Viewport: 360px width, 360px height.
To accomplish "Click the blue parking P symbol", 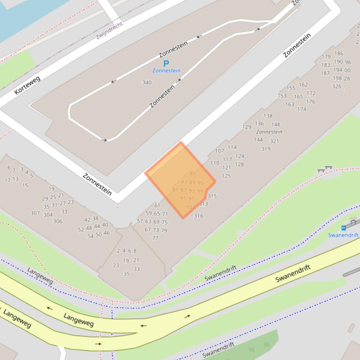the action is tap(166, 63).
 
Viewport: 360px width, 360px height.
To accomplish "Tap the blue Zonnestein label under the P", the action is tap(166, 71).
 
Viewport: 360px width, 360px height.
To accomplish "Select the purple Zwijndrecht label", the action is tap(110, 30).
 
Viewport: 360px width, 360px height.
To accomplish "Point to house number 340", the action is tap(147, 83).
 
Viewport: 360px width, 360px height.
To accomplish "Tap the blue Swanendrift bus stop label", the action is tap(343, 235).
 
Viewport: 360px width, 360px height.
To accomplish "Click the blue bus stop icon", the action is tap(344, 228).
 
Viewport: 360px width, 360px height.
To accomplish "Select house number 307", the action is tap(35, 213).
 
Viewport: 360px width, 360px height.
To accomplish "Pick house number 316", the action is tap(198, 216).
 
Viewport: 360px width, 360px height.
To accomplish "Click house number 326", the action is tap(337, 86).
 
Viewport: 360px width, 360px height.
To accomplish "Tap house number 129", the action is tap(247, 127).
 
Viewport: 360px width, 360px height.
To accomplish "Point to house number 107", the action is tap(220, 151).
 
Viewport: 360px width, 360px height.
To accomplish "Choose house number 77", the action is tap(155, 238).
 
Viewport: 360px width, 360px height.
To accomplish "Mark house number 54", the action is tap(90, 236).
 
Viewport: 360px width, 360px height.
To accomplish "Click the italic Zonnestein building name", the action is tap(269, 132).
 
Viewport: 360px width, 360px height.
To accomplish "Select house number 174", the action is tap(301, 109).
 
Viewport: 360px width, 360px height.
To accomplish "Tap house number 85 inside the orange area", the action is tap(193, 174).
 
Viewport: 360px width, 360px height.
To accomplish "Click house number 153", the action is tap(282, 96).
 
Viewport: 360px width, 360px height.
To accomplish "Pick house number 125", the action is tap(227, 176).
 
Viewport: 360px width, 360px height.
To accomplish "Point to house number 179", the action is tap(326, 57).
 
